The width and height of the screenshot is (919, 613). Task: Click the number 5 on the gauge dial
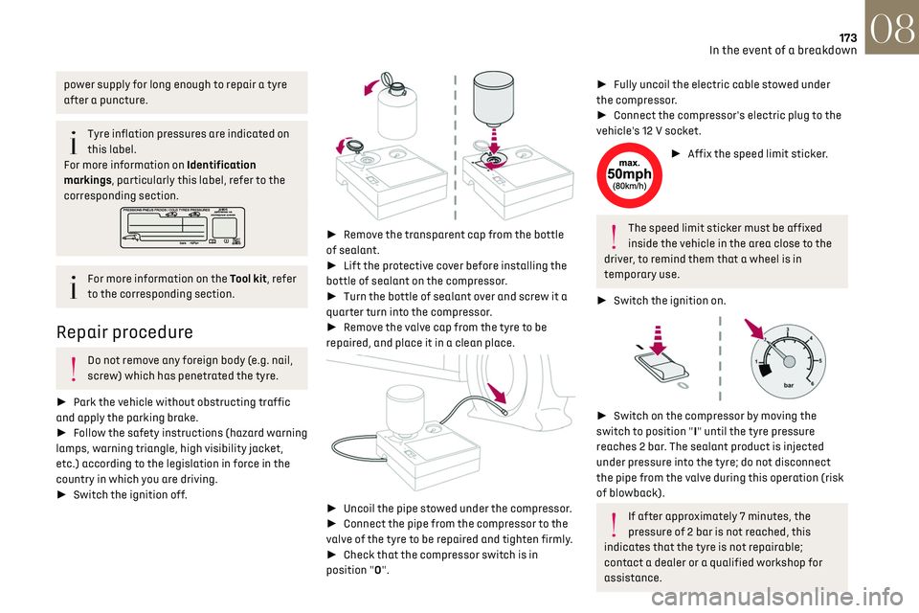(x=820, y=359)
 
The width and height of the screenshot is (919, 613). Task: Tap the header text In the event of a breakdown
(x=784, y=50)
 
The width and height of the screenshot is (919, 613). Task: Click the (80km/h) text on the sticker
(x=629, y=187)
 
